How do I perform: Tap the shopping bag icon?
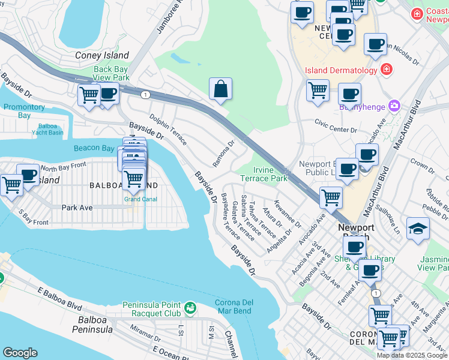(221, 89)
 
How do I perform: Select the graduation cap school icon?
(418, 229)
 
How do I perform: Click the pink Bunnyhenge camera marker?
(394, 106)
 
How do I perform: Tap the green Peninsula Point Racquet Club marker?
(191, 307)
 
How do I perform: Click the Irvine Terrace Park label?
(264, 174)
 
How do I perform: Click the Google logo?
(20, 353)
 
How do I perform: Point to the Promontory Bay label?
(24, 111)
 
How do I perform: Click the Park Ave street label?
(77, 208)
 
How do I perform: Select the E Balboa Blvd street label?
(59, 299)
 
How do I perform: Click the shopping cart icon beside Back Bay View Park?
(89, 95)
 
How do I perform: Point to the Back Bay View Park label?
(112, 74)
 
